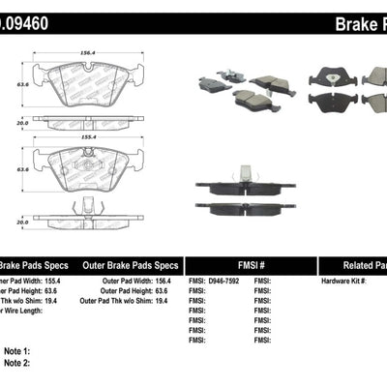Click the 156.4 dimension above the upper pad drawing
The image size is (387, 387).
(88, 54)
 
